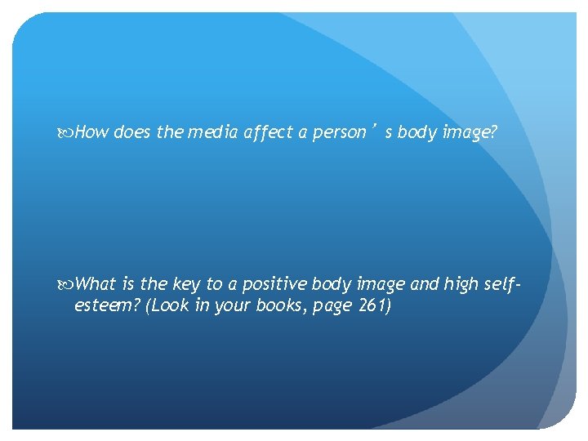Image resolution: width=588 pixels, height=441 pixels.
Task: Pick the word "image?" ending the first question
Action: [469, 132]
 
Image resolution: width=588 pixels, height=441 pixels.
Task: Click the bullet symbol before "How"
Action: [67, 132]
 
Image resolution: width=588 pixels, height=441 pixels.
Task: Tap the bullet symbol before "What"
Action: [67, 284]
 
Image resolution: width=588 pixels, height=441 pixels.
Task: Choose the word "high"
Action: [462, 284]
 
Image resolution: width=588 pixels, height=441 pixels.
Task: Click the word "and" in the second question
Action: [423, 284]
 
